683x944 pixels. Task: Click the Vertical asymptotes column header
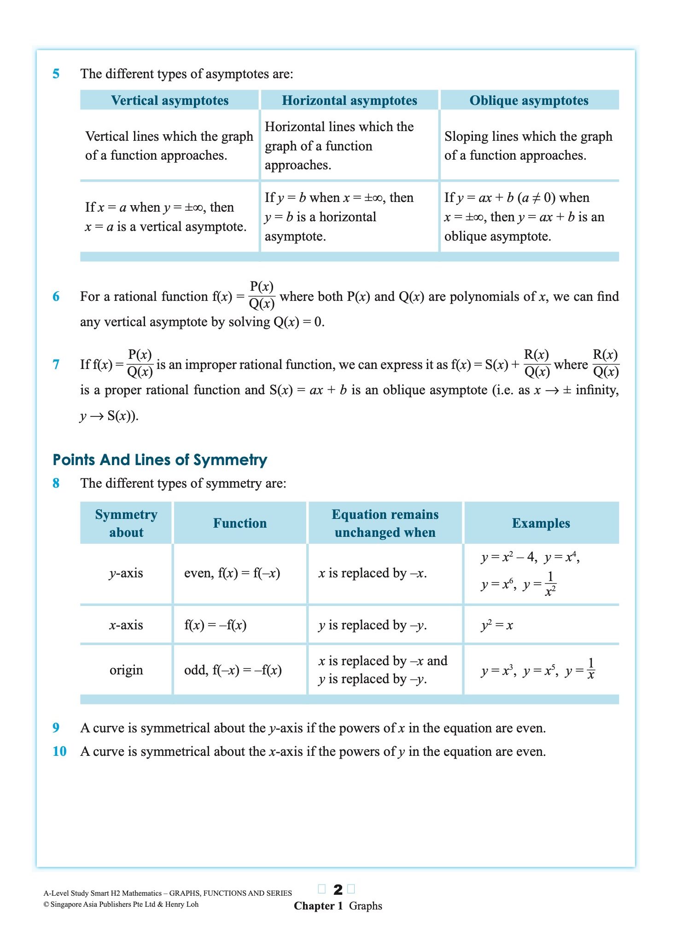point(169,101)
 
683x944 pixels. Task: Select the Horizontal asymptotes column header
point(350,101)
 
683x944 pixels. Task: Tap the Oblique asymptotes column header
point(529,101)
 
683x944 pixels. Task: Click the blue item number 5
point(56,74)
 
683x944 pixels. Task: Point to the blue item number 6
point(56,296)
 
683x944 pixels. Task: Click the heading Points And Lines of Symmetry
point(160,460)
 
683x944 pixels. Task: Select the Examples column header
point(541,523)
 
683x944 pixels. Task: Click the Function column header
point(239,523)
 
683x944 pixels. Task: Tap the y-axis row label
point(126,573)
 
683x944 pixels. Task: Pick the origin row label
point(126,670)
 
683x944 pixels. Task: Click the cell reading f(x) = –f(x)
point(215,625)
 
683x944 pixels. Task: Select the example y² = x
point(496,625)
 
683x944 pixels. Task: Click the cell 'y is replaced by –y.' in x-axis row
point(372,625)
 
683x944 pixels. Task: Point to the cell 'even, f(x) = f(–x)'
point(232,573)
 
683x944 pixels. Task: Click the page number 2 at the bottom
point(338,890)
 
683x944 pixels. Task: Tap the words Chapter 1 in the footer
point(318,906)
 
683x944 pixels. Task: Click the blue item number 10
point(59,751)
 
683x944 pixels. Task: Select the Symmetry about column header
point(126,523)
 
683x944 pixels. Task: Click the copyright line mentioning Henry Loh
point(121,904)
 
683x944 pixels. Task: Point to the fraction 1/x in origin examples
point(591,669)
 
